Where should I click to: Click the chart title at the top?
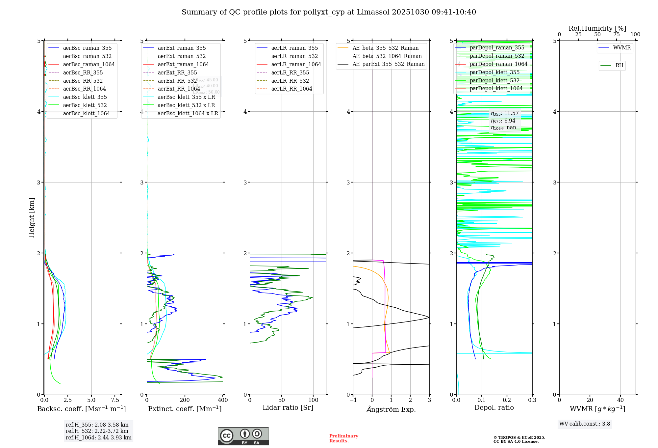(x=329, y=12)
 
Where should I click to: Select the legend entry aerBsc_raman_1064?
(x=89, y=64)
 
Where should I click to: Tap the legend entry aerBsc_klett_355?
(x=85, y=97)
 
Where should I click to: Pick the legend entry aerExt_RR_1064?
(x=179, y=89)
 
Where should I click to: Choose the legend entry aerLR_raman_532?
(x=294, y=56)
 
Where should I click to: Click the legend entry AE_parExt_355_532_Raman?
(x=388, y=64)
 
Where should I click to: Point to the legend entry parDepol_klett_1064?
(x=496, y=88)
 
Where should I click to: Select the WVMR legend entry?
(x=622, y=48)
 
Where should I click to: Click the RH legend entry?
(x=619, y=66)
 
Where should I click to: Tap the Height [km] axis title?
(x=32, y=217)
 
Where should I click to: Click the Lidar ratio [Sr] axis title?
(x=288, y=407)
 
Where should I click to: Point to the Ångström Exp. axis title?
(x=391, y=409)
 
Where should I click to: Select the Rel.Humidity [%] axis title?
(x=597, y=28)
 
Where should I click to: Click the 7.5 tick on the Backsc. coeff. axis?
(x=115, y=400)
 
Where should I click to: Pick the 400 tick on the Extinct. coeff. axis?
(x=223, y=400)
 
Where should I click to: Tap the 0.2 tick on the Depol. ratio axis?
(x=507, y=400)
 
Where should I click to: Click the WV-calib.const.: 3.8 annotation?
(x=585, y=424)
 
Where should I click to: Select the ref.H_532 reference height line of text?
(x=97, y=431)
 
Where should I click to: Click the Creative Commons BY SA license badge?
(x=243, y=436)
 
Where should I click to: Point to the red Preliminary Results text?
(x=343, y=438)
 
